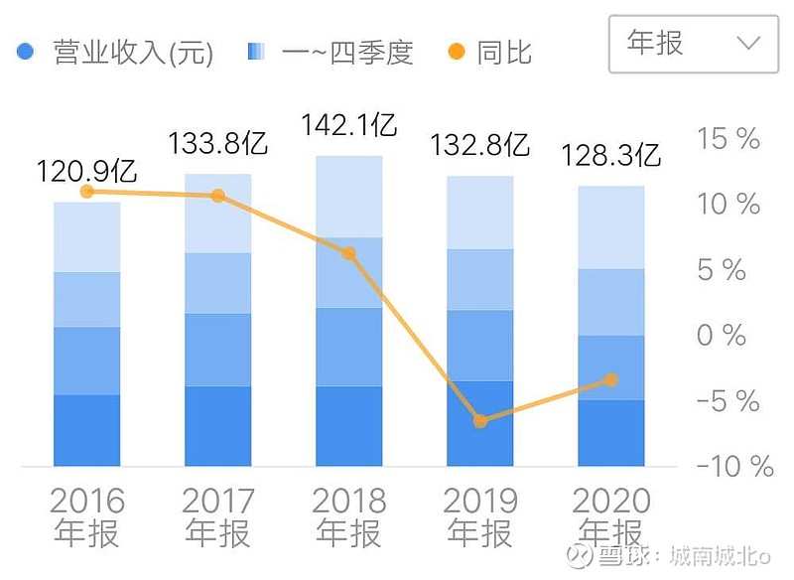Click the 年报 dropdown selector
(x=693, y=43)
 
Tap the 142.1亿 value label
(x=349, y=126)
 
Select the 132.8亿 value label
(x=480, y=146)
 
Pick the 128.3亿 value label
(x=611, y=156)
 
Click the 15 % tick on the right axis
(x=728, y=139)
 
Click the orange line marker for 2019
(x=480, y=421)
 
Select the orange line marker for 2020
(x=611, y=379)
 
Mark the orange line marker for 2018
(x=348, y=253)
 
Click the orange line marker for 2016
(x=86, y=191)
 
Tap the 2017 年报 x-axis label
(x=218, y=516)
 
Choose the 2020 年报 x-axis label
(x=611, y=516)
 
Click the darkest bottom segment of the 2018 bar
(x=348, y=426)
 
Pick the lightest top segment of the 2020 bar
(x=611, y=227)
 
